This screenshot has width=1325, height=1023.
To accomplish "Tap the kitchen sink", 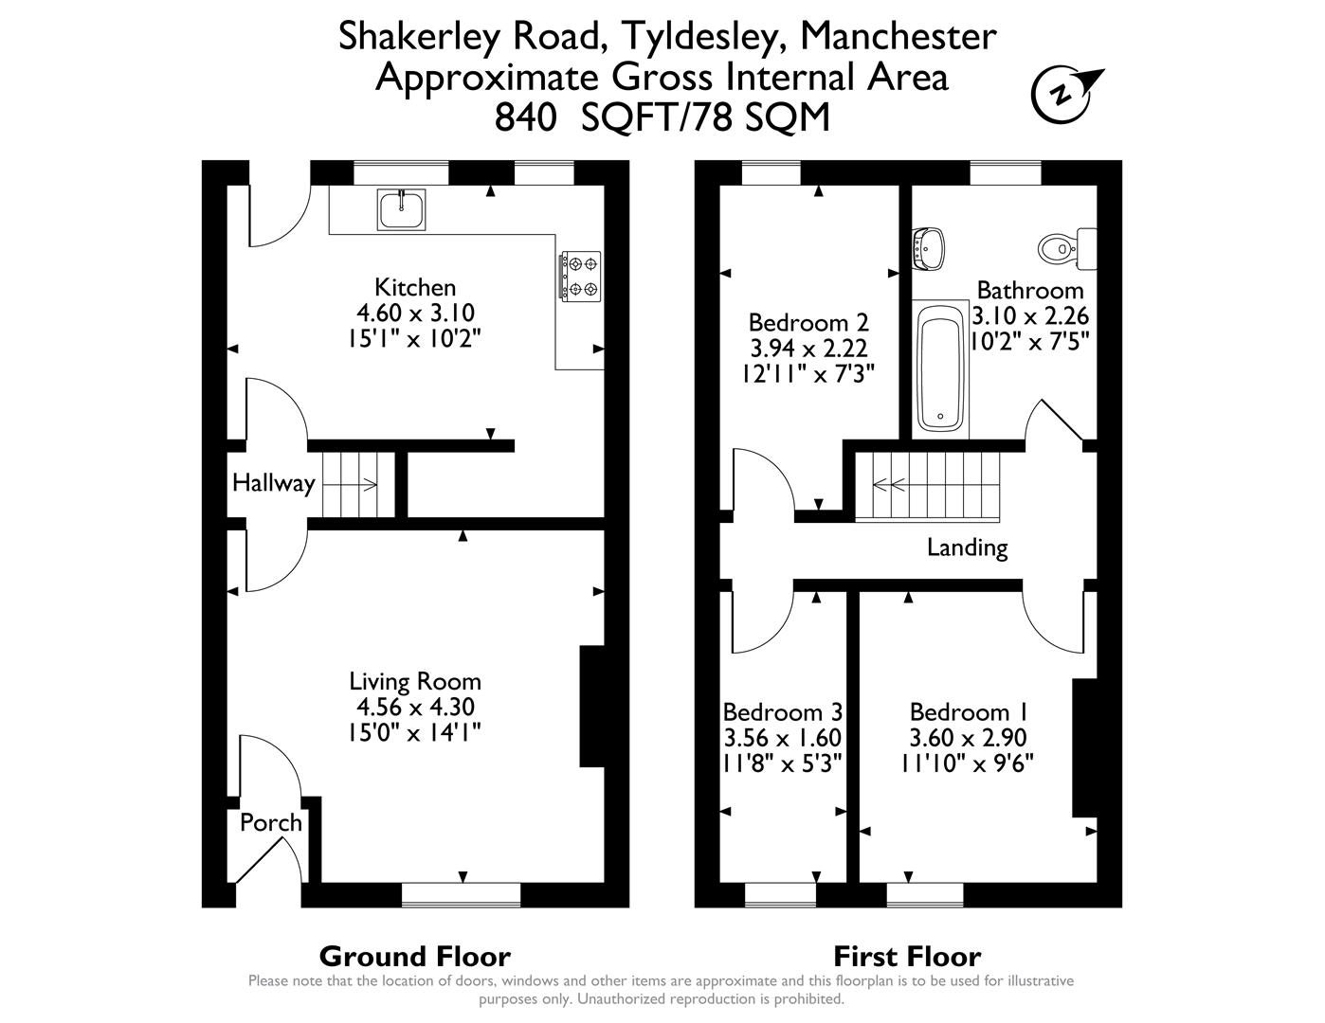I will click(403, 209).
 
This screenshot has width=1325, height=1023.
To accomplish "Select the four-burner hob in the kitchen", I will click(580, 275).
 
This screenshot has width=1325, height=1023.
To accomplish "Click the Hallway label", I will click(273, 483).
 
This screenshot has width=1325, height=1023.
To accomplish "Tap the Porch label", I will click(270, 822).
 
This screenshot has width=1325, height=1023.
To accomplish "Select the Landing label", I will click(967, 547).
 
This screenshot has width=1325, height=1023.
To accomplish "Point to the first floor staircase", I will click(928, 487).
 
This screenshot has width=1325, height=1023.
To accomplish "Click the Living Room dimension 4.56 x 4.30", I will click(415, 707).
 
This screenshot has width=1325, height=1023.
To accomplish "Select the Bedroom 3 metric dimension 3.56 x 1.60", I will click(782, 737).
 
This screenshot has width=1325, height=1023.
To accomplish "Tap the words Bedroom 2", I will click(808, 322).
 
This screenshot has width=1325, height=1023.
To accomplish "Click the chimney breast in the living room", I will click(591, 706).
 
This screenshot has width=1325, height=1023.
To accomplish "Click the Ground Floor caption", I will click(414, 957).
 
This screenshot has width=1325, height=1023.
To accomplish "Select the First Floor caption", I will click(907, 957).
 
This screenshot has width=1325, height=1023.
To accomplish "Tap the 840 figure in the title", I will click(524, 118).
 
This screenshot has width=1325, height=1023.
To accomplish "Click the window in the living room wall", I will click(461, 894).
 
